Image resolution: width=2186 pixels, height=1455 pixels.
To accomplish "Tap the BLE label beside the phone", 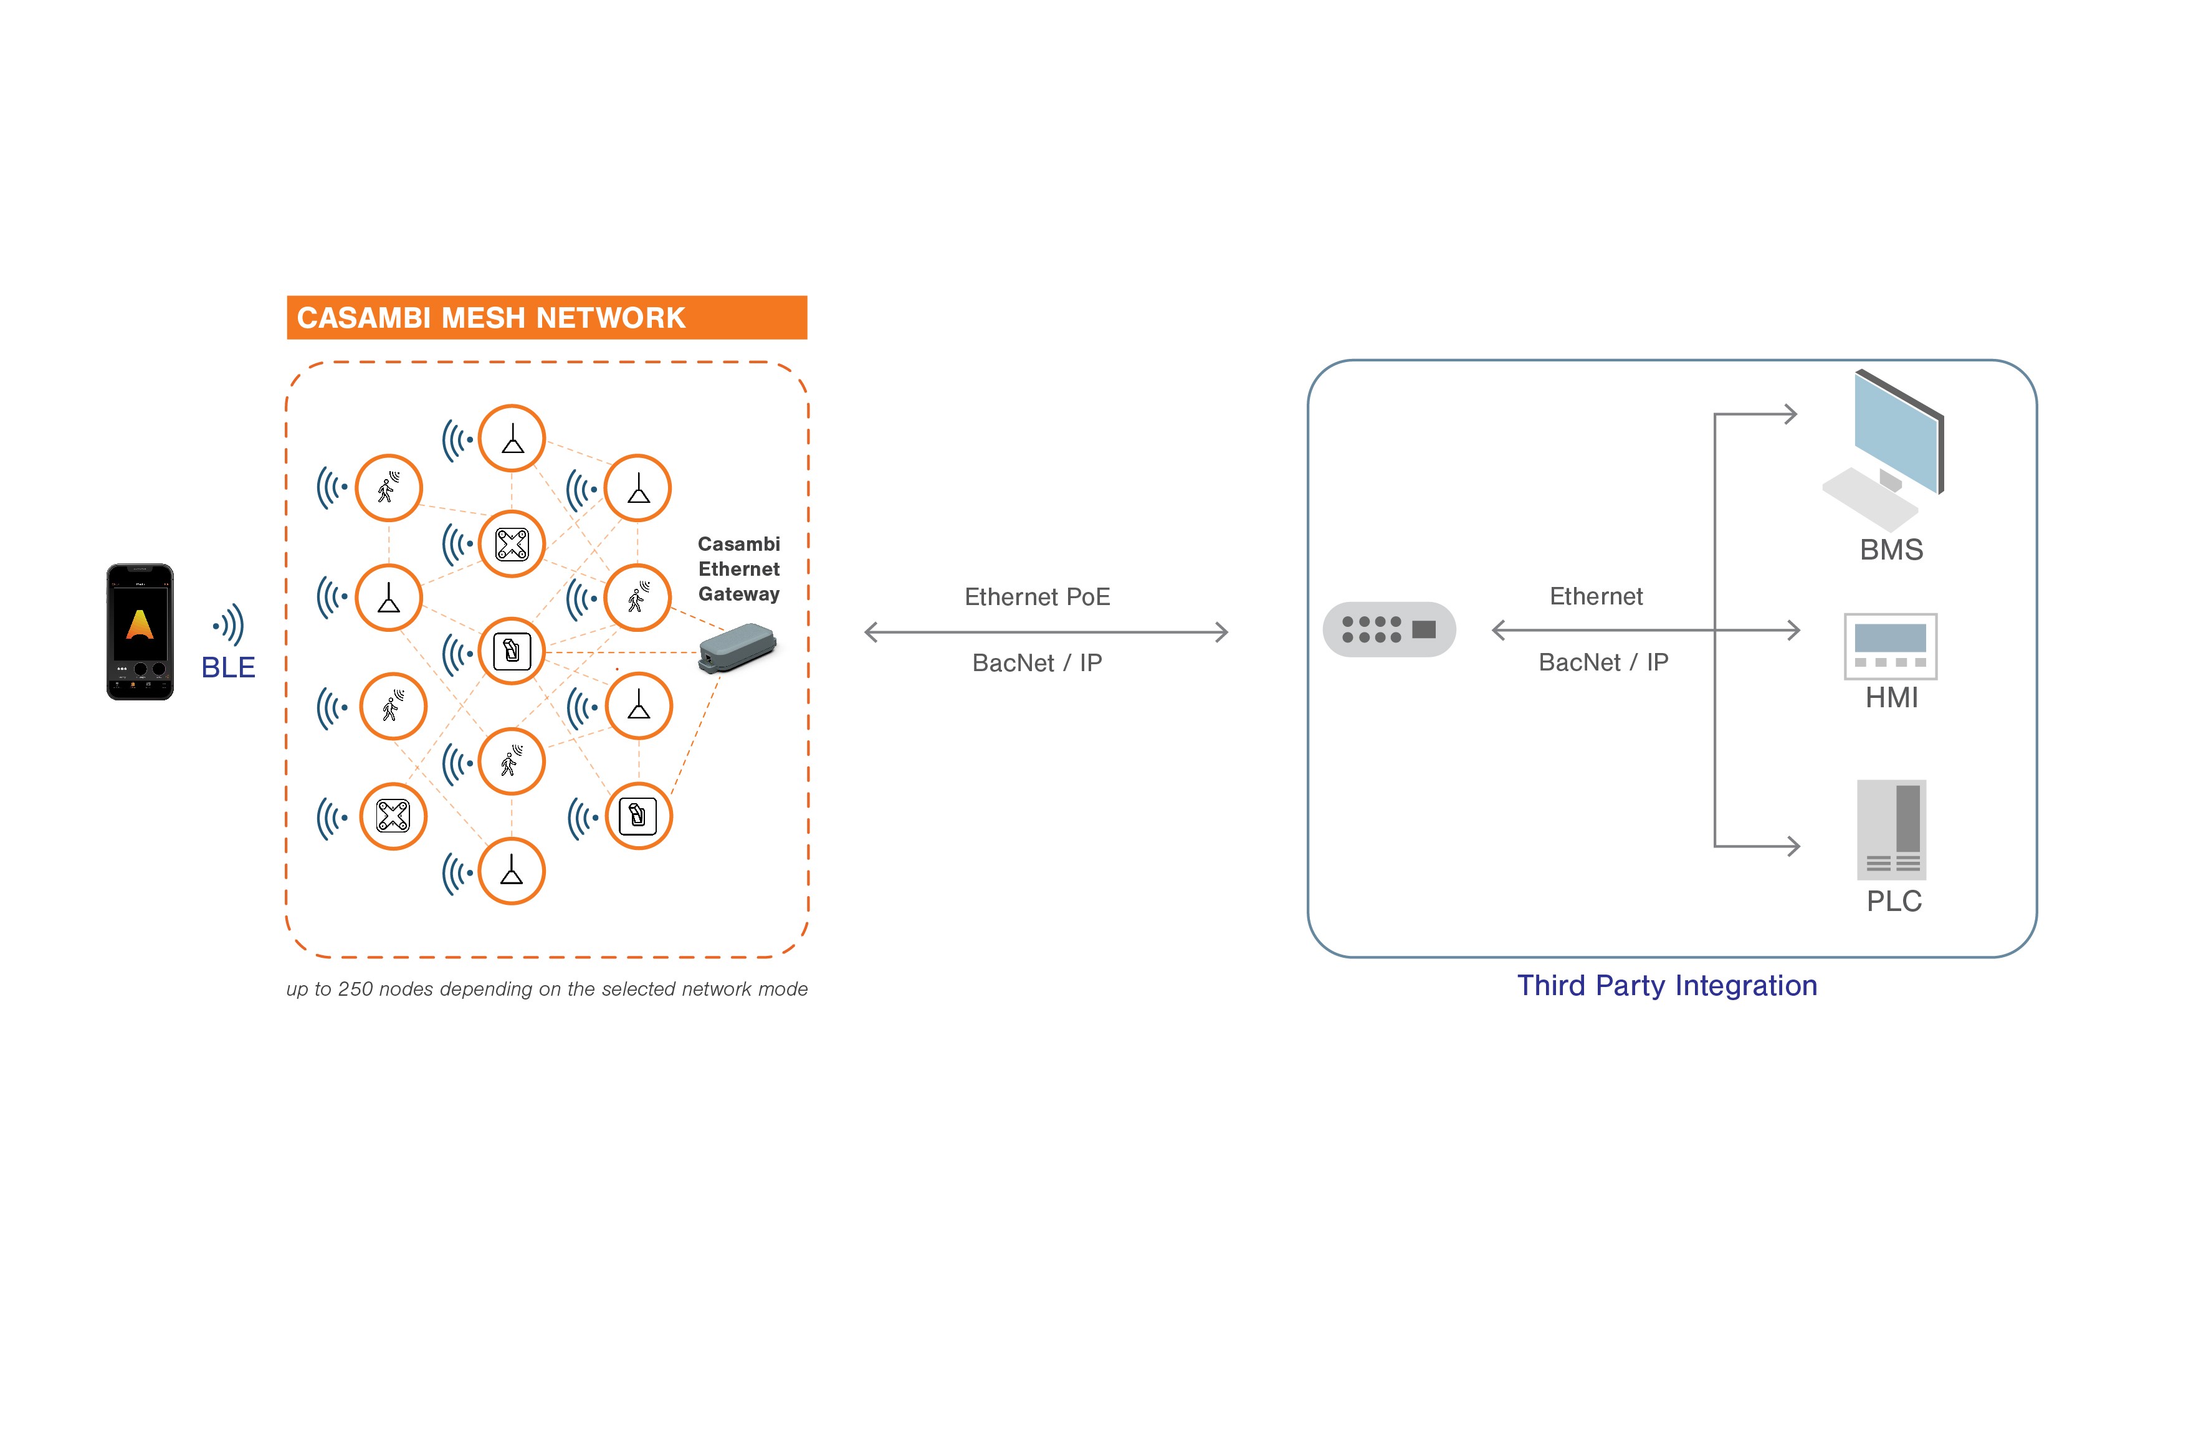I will point(227,667).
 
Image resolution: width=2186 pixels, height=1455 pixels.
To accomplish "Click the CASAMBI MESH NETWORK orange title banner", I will point(546,317).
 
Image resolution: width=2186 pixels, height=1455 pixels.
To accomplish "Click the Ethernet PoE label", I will point(1036,597).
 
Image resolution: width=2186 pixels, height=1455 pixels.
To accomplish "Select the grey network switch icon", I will point(1388,629).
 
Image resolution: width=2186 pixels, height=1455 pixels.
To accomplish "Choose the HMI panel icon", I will point(1889,646).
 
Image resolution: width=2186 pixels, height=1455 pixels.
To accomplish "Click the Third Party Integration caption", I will point(1666,985).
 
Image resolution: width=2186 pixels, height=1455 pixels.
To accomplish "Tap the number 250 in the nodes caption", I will point(355,988).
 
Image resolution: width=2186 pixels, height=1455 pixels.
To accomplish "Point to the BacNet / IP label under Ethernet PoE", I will point(1036,662).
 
